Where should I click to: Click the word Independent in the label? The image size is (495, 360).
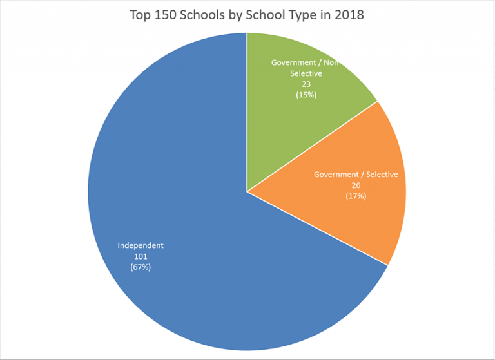pos(141,245)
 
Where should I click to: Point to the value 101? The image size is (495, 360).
pos(141,256)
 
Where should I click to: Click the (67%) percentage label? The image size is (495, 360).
pos(141,267)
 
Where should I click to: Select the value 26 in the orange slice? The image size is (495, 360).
pos(356,185)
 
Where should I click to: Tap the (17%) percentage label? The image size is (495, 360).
pos(356,196)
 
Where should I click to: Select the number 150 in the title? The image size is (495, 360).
pos(167,15)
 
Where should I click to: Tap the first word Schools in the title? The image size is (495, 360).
pos(205,15)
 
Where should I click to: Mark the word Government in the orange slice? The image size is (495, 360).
pos(335,175)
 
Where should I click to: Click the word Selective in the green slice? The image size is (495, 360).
pos(306,73)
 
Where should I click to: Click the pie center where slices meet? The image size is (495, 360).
pos(247,191)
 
